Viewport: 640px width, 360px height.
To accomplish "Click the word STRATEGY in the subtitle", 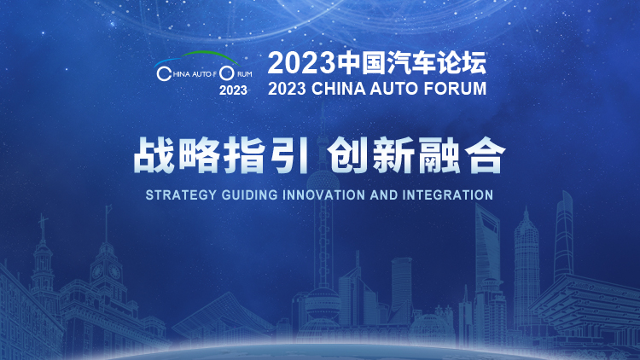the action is click(x=181, y=195).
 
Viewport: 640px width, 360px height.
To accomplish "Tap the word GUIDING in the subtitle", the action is click(x=250, y=195).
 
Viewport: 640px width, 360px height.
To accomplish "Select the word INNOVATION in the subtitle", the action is click(x=323, y=195).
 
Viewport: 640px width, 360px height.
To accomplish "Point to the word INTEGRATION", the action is click(x=448, y=195).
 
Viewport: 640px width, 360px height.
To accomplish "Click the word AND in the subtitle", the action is click(x=384, y=195).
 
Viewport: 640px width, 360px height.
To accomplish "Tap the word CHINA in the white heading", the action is click(x=339, y=89).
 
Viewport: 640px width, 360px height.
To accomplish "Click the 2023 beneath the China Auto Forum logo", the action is click(x=233, y=90).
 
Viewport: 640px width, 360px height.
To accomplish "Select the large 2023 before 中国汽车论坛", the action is click(x=303, y=63).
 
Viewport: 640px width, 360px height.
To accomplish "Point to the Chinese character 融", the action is click(x=438, y=155).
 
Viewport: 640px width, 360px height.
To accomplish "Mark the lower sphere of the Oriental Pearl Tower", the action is click(x=323, y=303).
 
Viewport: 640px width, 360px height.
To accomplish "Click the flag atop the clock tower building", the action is click(x=108, y=209).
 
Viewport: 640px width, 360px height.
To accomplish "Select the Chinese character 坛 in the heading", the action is click(x=474, y=63).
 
